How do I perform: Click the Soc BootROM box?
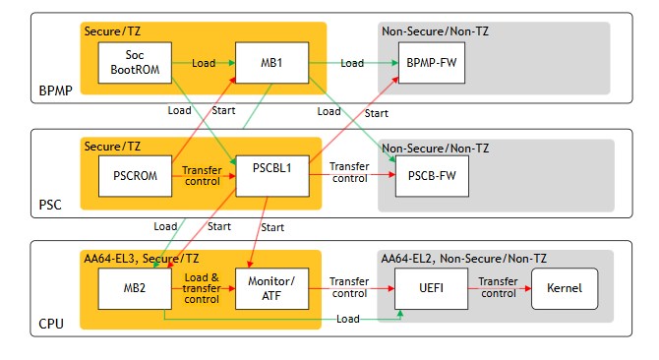(135, 63)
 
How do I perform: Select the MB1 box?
(271, 63)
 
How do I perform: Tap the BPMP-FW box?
(432, 63)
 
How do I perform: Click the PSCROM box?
(136, 176)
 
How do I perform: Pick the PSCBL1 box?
(272, 176)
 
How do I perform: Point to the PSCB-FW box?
(432, 176)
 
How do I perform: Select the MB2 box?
(135, 288)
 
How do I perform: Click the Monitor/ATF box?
(271, 288)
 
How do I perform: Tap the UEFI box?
(431, 288)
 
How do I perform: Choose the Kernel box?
(565, 288)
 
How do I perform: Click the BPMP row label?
(55, 90)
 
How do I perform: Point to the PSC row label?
(50, 205)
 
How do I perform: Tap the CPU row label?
(51, 324)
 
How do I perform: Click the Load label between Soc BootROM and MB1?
(204, 63)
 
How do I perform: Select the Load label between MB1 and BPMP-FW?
(352, 63)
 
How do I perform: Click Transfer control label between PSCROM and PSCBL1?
(203, 176)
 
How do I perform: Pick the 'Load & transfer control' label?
(202, 288)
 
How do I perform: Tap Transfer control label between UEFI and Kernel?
(498, 287)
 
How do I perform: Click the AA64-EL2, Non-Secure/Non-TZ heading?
(464, 259)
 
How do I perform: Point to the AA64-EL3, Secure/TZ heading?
(142, 259)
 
